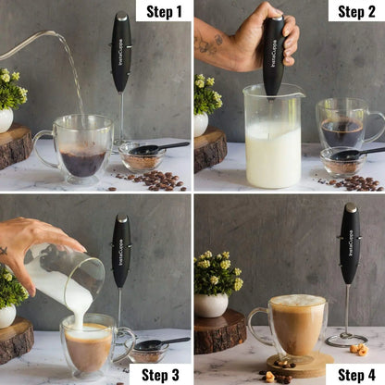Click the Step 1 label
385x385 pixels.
pyautogui.click(x=164, y=11)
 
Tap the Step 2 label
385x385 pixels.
pyautogui.click(x=356, y=11)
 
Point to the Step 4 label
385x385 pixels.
pyautogui.click(x=355, y=373)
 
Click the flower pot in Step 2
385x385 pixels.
pyautogui.click(x=201, y=123)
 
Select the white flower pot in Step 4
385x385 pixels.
pyautogui.click(x=211, y=304)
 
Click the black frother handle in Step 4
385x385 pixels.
pyautogui.click(x=349, y=242)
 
